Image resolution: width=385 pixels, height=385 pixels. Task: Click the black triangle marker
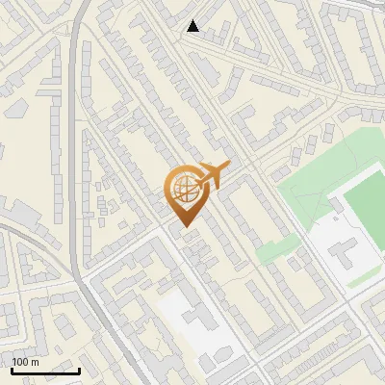[193, 26]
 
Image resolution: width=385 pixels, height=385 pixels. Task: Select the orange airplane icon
[210, 175]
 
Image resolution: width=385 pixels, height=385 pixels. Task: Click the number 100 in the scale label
[21, 362]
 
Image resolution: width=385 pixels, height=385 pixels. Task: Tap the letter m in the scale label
[36, 362]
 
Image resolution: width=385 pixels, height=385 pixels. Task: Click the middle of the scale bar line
[43, 371]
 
